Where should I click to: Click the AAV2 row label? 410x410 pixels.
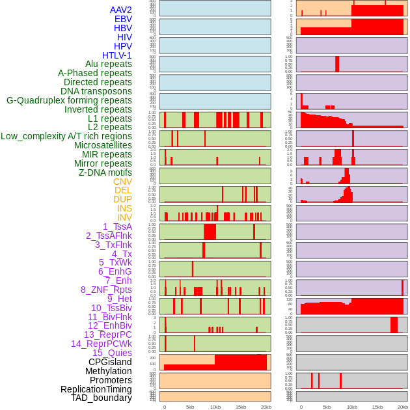coord(121,10)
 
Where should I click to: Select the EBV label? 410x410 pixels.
coord(123,19)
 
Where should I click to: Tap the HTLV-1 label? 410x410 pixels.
coord(117,55)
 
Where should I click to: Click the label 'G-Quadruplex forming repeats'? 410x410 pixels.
coord(69,100)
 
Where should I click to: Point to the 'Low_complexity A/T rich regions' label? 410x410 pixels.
coord(66,136)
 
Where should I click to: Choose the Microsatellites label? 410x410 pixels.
coord(103,145)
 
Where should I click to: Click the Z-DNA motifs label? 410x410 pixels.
coord(105,172)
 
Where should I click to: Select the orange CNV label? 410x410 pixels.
coord(122,182)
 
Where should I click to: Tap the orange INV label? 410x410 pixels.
coord(124,217)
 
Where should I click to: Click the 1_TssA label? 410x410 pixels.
coord(117,226)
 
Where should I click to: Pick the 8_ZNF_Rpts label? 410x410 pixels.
coord(106,290)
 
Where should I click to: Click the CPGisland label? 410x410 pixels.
coord(110,362)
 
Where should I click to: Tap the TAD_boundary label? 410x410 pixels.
coord(102,398)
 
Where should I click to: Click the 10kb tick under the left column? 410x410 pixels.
coord(215,407)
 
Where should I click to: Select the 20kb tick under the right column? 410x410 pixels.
coord(403,407)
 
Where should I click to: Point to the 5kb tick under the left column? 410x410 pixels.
coord(190,407)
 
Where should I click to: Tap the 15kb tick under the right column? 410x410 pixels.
coord(377,407)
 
